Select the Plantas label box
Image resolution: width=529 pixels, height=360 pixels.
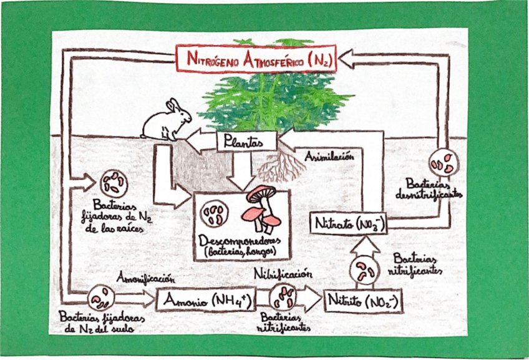[x=240, y=142]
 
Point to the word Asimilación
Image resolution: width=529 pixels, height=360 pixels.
[x=329, y=157]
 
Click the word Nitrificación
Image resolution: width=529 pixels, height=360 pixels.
[x=283, y=273]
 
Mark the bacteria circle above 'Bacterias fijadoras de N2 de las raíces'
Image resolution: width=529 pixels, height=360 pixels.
[x=113, y=182]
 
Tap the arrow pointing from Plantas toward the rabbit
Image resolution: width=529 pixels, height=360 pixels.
[x=198, y=141]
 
